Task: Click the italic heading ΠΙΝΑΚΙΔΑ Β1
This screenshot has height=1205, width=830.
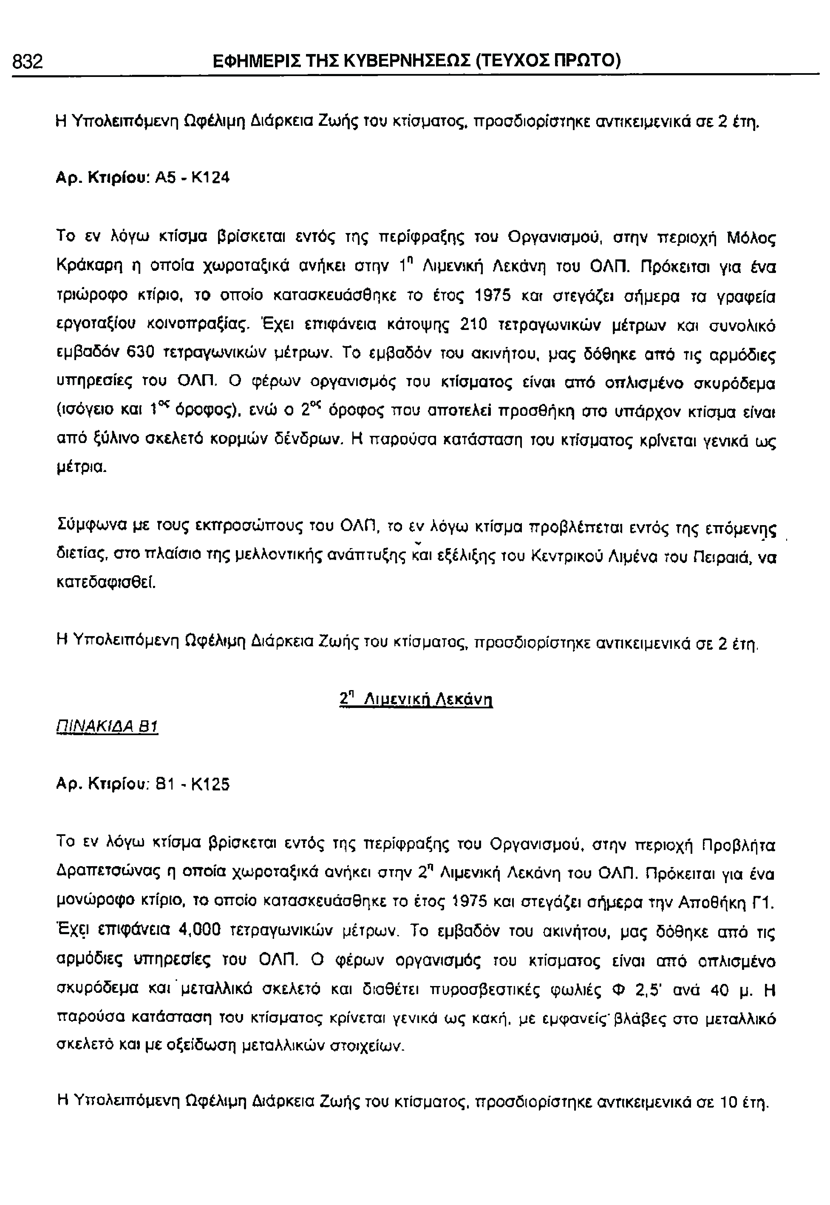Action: click(x=107, y=726)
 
